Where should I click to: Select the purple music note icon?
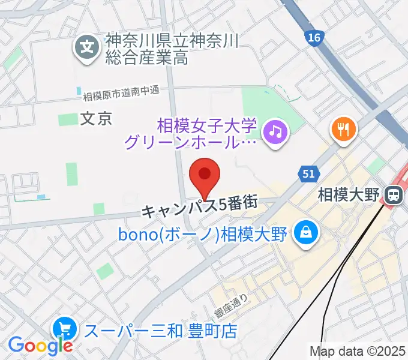[275, 131]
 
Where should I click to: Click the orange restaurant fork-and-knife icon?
[343, 128]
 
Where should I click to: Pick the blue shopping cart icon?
[64, 329]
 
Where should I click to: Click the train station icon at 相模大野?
[394, 194]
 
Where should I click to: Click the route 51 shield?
[307, 174]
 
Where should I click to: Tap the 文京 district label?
[96, 119]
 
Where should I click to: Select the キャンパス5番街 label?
[200, 211]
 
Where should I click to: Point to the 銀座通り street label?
[231, 304]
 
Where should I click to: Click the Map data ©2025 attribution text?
[358, 351]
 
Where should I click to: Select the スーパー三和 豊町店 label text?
[160, 330]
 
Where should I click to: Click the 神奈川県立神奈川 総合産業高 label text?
[173, 49]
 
